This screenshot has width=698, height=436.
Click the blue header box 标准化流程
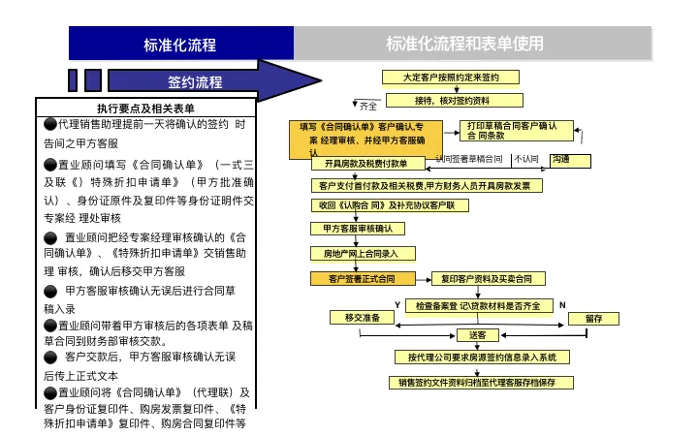pyautogui.click(x=179, y=44)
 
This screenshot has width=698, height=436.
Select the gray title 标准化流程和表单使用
pyautogui.click(x=464, y=44)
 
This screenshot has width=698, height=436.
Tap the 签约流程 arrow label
pyautogui.click(x=195, y=81)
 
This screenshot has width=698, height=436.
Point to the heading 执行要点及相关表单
pyautogui.click(x=145, y=109)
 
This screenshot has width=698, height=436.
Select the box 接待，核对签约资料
pyautogui.click(x=454, y=100)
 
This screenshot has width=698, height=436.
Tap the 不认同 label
pyautogui.click(x=526, y=159)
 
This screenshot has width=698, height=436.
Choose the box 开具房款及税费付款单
pyautogui.click(x=366, y=163)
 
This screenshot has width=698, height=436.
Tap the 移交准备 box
pyautogui.click(x=362, y=317)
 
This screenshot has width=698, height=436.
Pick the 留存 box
pyautogui.click(x=593, y=318)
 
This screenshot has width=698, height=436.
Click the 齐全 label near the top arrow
pyautogui.click(x=368, y=106)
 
